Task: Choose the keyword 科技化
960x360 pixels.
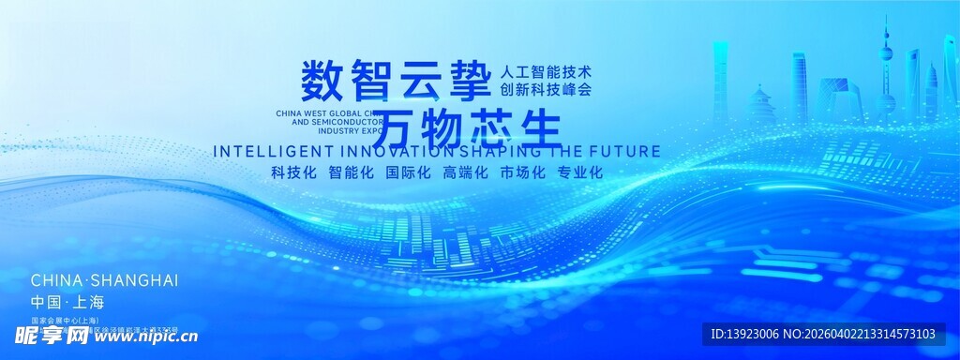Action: coord(293,172)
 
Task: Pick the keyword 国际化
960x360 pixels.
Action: coord(408,172)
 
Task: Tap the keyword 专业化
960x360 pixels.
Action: coord(579,172)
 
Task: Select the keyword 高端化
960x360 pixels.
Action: coord(466,172)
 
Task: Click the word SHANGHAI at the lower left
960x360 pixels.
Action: coord(135,280)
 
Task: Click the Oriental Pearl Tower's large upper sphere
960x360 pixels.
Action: coord(885,54)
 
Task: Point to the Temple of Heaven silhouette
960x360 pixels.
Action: coord(761,105)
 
